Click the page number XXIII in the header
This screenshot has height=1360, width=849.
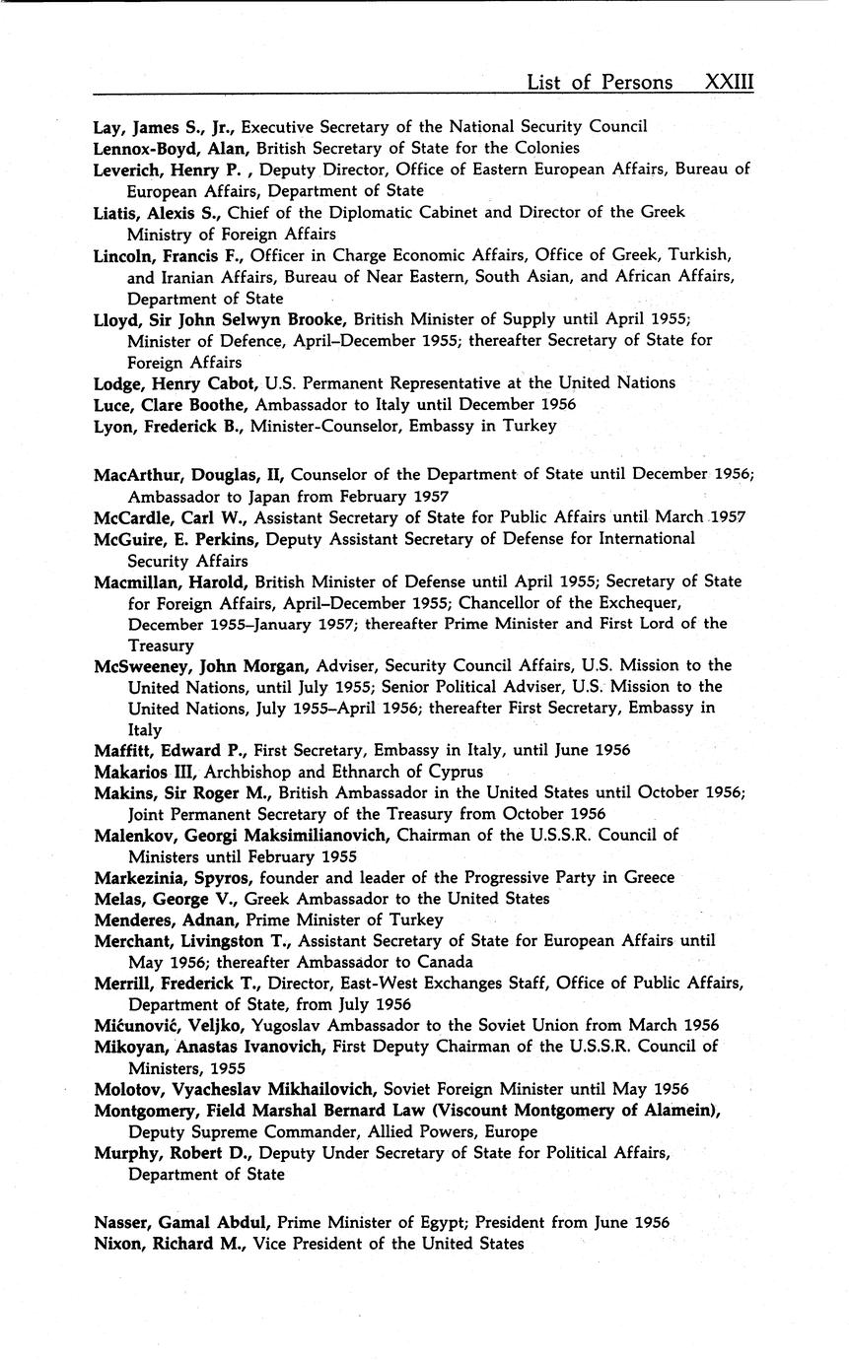729,82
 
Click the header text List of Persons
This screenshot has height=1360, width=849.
600,82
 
